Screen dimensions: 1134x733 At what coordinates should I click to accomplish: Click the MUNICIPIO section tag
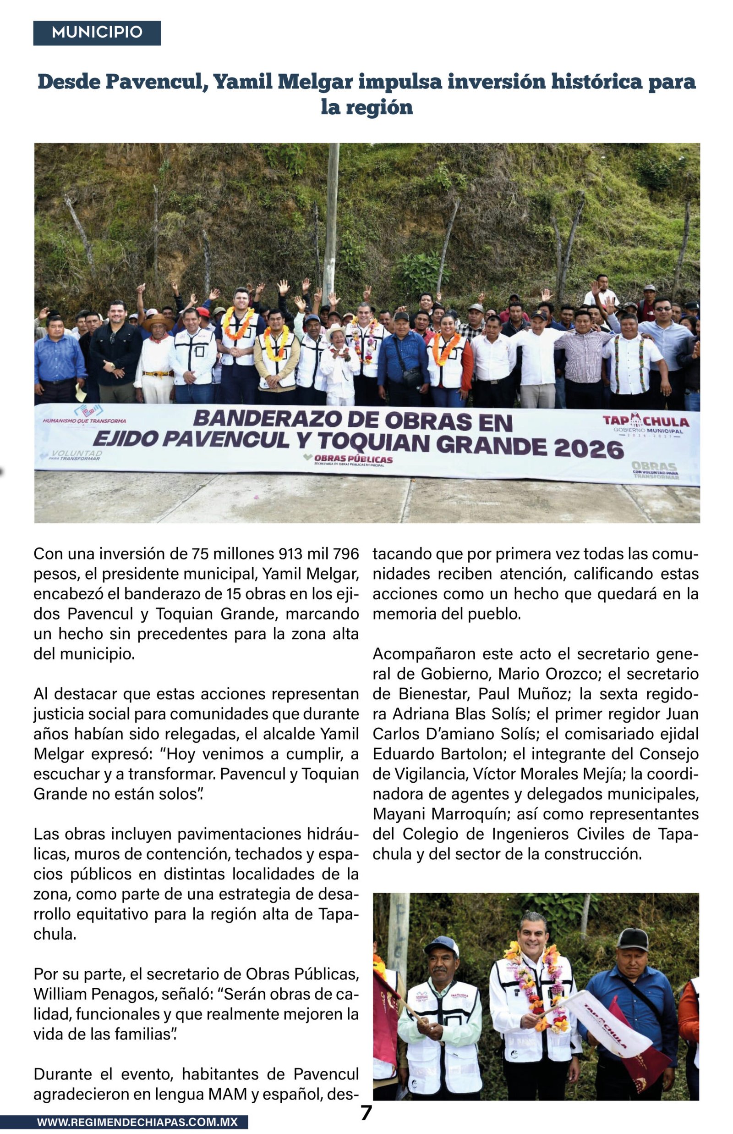(x=97, y=33)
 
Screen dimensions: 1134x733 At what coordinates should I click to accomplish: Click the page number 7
(x=366, y=1113)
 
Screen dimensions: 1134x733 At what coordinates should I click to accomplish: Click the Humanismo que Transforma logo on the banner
(x=85, y=415)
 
